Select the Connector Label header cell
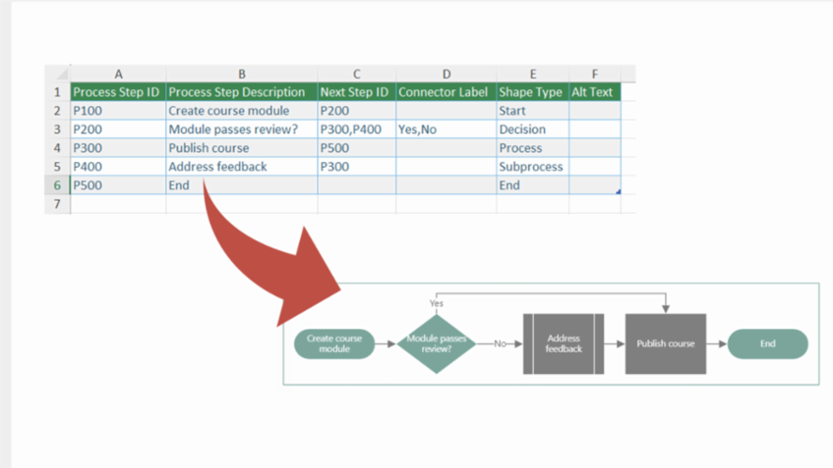pos(446,92)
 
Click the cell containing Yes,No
pos(446,129)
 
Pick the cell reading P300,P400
pos(356,129)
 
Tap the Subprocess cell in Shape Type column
pos(532,167)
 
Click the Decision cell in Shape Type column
pos(532,129)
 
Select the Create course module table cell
pos(241,111)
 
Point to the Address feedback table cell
pos(241,167)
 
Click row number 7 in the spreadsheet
pos(57,204)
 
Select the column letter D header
pos(446,74)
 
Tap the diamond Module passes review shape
pos(436,343)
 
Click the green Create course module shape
pos(334,343)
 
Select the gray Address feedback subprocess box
pos(563,343)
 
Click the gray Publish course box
pos(665,343)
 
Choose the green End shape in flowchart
pos(767,343)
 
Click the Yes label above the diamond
pos(436,304)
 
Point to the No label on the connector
pos(500,343)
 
